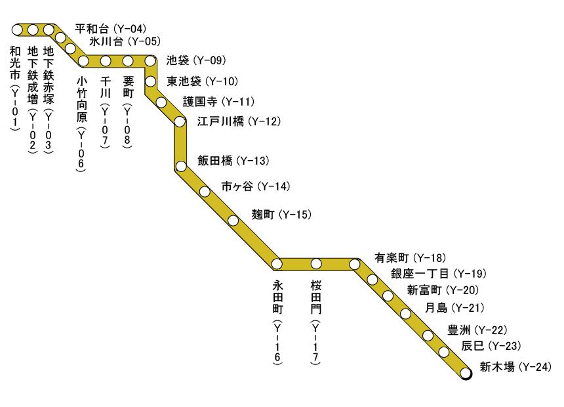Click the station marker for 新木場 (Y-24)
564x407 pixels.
[466, 374]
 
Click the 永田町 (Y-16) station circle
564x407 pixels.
[277, 264]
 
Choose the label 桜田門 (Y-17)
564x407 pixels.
[317, 322]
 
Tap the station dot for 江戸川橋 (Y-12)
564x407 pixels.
[180, 121]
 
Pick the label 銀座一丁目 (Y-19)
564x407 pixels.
[438, 273]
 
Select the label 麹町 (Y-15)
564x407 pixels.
[281, 215]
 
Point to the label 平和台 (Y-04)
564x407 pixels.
[110, 29]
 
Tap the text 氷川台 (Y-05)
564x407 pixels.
[124, 43]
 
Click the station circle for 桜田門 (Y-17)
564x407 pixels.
[316, 264]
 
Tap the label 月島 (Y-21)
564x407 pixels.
[454, 307]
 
